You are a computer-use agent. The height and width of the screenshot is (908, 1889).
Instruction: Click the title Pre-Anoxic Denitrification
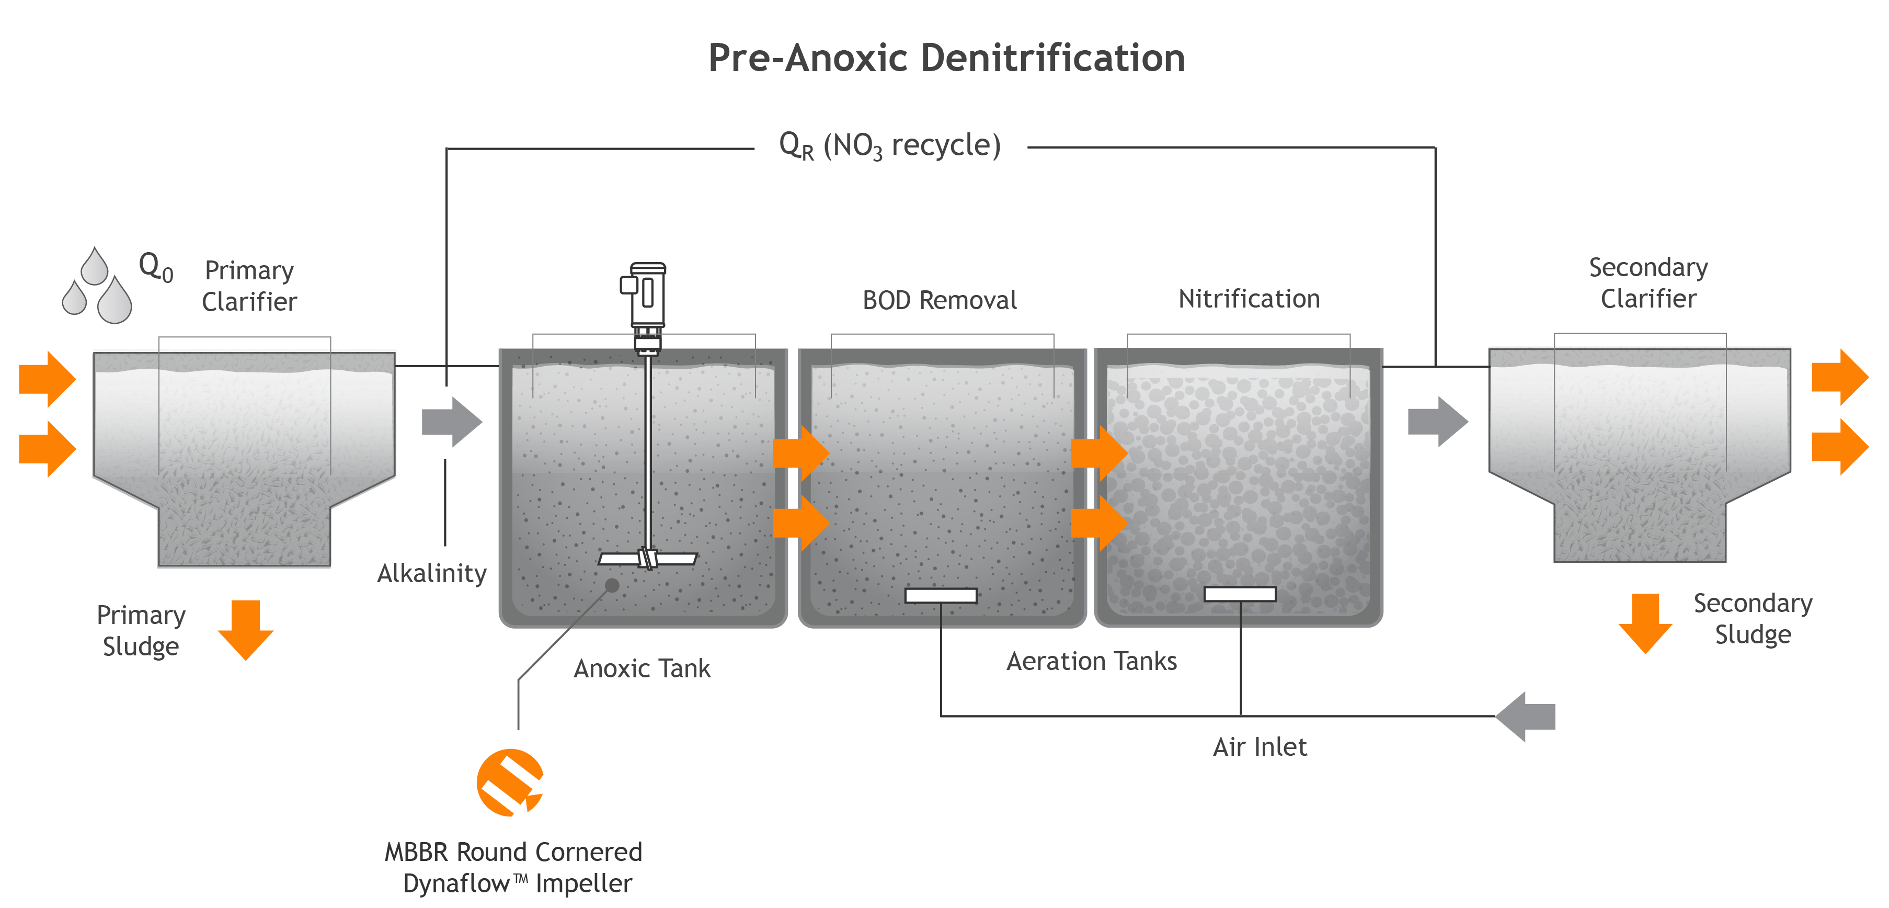[946, 58]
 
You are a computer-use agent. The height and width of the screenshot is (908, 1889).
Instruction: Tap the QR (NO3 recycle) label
[889, 145]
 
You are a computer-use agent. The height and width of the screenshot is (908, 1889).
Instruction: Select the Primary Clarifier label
[249, 286]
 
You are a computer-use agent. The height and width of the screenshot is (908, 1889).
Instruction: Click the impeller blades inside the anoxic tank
[647, 559]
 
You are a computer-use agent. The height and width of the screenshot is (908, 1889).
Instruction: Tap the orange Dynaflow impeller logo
[510, 782]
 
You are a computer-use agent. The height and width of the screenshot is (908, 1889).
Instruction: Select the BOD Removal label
[940, 300]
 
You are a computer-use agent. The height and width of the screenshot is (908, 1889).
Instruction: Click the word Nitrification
[1249, 299]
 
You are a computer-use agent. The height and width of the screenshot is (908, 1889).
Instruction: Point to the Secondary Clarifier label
[1648, 283]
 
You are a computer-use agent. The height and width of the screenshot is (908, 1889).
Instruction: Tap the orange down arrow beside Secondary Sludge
[1645, 623]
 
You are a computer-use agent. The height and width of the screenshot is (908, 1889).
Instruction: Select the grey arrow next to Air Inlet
[1525, 717]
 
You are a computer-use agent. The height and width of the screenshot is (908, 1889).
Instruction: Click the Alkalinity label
[432, 573]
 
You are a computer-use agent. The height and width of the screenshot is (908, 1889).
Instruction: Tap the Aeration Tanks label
[1091, 661]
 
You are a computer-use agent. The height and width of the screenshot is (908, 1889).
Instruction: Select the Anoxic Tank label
[642, 668]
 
